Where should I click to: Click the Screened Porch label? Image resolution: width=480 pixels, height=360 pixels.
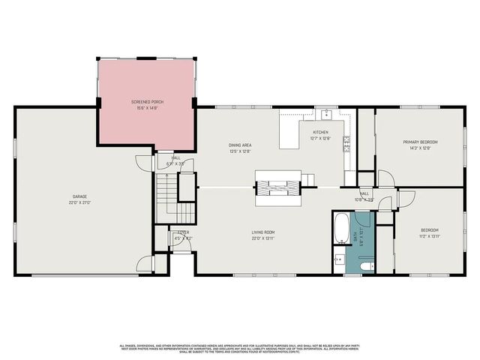147,101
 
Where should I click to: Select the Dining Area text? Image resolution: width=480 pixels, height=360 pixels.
240,144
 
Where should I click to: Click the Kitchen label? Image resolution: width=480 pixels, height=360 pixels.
320,132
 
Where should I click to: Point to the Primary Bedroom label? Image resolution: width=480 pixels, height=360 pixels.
419,142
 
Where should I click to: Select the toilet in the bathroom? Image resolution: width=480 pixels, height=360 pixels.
365,265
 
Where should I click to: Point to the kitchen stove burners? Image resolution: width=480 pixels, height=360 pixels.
347,144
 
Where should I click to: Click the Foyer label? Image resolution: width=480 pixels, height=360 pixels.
182,233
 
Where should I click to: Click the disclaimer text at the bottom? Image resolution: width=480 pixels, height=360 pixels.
240,349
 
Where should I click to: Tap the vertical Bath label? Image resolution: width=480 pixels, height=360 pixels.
355,238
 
